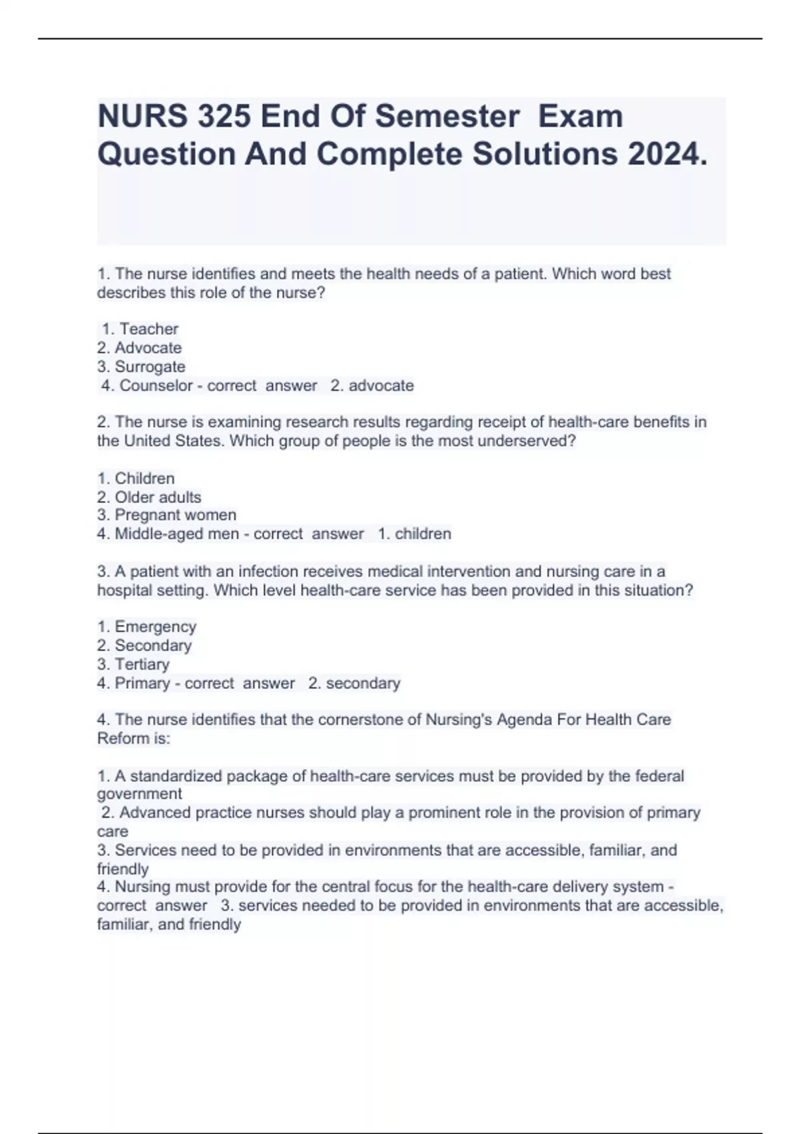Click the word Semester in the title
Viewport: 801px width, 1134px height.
(447, 117)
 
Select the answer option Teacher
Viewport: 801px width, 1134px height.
(149, 329)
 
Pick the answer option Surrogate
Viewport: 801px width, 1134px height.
(150, 366)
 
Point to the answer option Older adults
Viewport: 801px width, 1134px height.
(158, 497)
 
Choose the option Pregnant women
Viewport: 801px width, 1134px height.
(175, 515)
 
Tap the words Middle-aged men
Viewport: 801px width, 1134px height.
(176, 534)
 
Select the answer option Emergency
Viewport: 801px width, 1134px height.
(155, 626)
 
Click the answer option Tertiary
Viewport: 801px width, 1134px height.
(142, 664)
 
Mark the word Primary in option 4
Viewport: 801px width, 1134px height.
(142, 683)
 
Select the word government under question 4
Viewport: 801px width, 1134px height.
(139, 794)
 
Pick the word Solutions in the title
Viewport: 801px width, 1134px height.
(545, 155)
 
